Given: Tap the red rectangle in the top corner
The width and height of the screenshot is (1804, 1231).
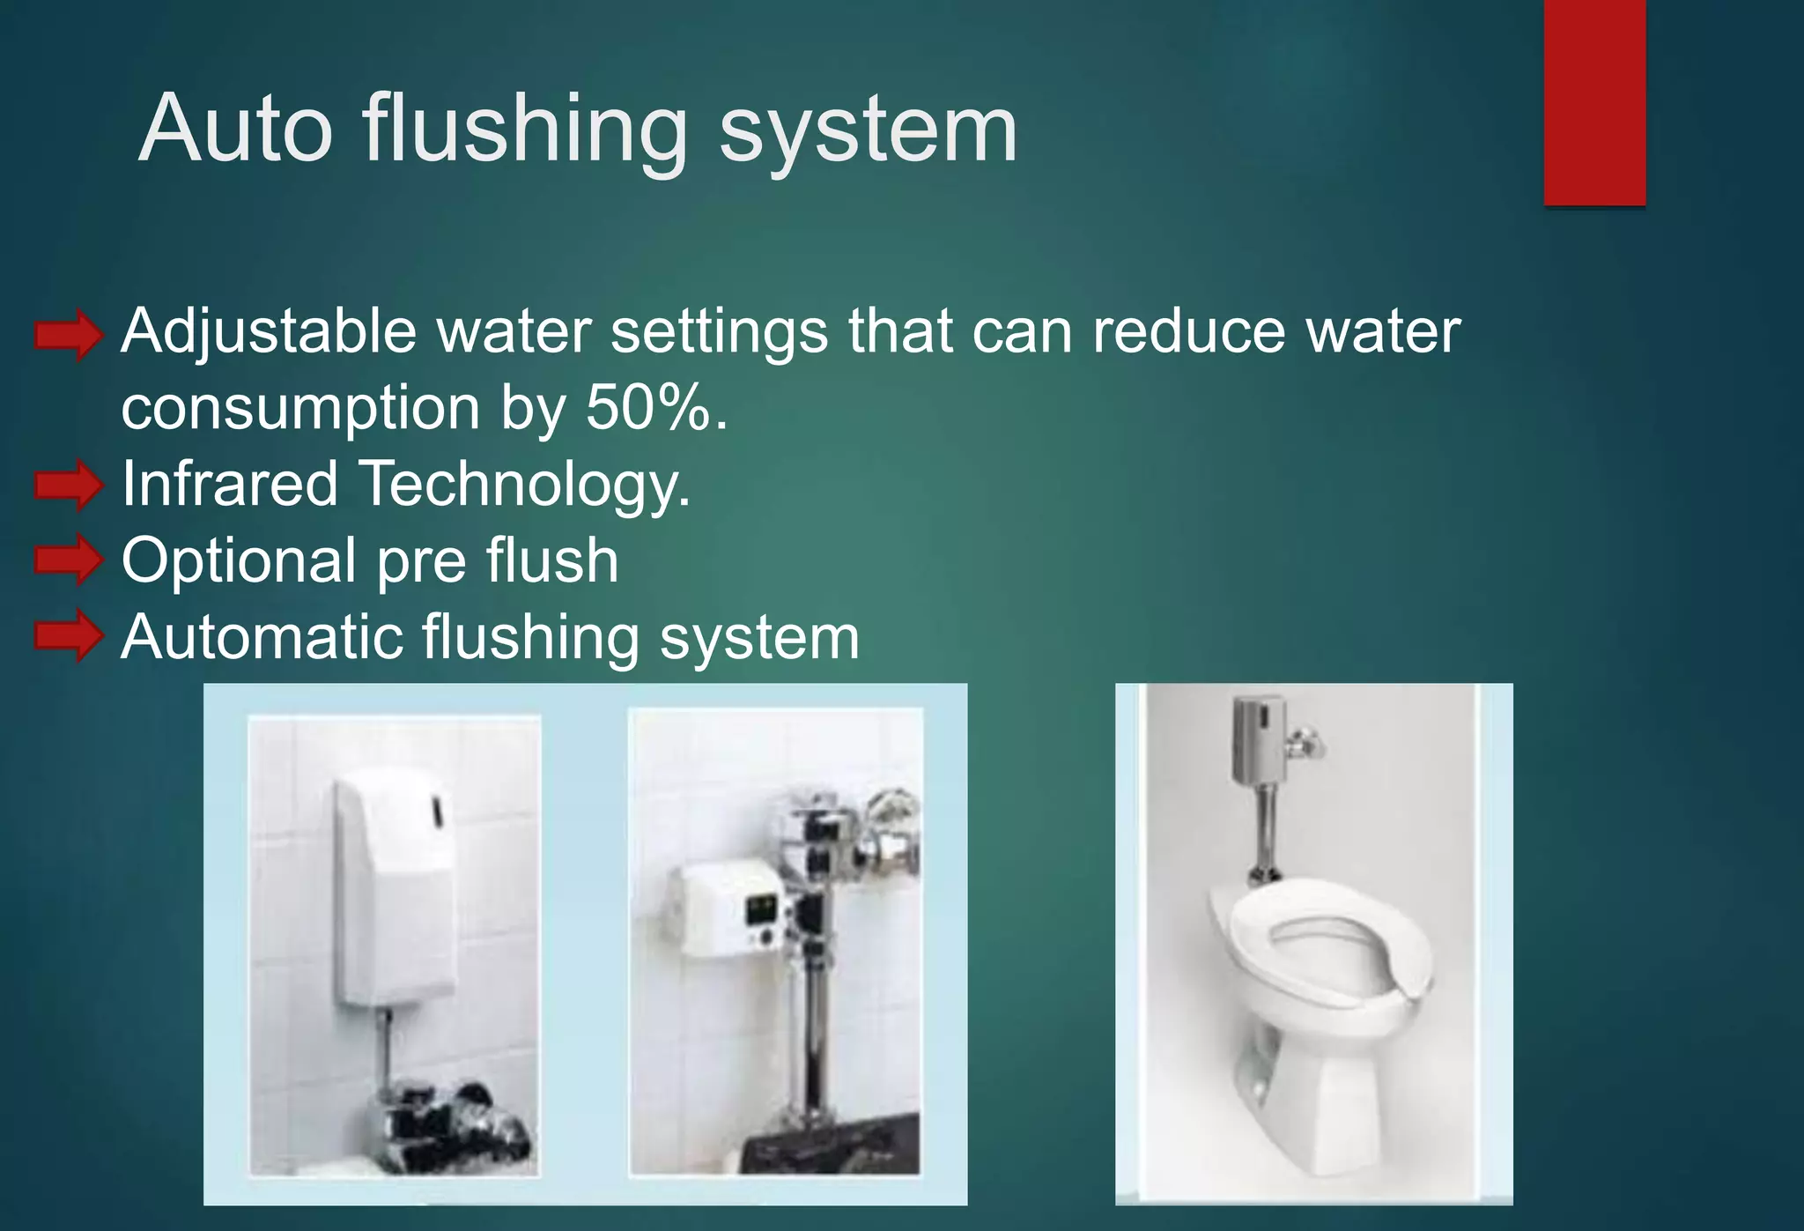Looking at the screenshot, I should [1594, 102].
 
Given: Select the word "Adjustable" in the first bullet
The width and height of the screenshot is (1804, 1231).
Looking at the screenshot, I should [268, 333].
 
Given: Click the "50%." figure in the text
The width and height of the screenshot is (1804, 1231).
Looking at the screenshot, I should [657, 408].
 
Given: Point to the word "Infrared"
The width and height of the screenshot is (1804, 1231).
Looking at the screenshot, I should [230, 484].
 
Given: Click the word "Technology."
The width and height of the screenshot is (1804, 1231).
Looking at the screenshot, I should [525, 486].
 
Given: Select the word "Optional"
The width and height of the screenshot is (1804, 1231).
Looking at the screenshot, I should [239, 560].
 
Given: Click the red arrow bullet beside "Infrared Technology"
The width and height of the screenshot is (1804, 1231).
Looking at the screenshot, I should [69, 486].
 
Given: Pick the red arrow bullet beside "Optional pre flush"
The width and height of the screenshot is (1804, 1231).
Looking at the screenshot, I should [69, 560].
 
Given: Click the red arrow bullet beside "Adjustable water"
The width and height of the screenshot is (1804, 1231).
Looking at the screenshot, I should [69, 335].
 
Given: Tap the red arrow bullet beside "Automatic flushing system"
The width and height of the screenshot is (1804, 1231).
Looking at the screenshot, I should [69, 635].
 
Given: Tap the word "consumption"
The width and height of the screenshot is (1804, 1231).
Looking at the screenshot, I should [300, 410].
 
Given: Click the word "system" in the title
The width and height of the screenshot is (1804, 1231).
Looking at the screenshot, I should [868, 130].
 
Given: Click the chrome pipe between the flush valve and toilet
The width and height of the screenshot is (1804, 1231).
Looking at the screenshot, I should [1267, 828].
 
